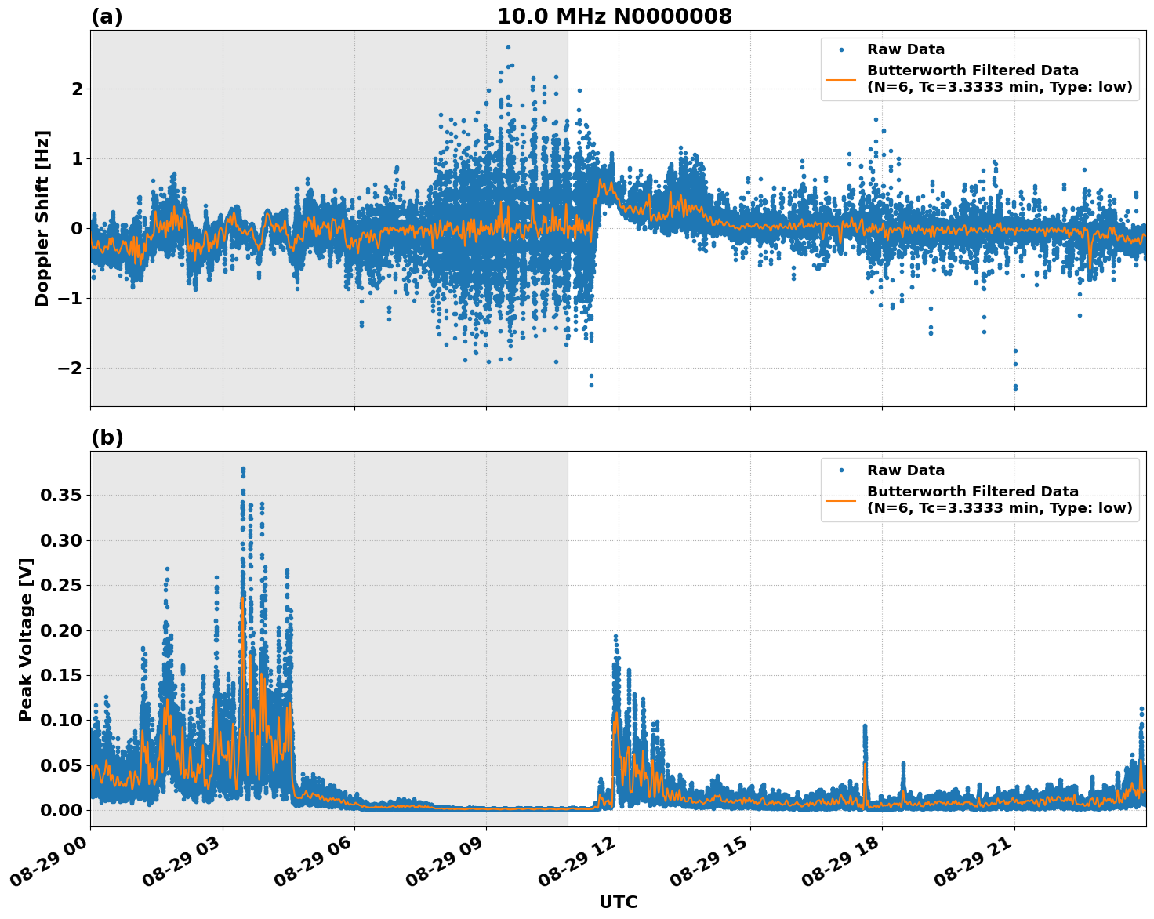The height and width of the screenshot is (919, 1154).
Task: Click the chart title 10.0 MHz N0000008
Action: [615, 16]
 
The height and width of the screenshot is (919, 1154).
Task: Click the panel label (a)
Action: [107, 16]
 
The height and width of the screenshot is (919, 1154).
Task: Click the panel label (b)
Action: [107, 438]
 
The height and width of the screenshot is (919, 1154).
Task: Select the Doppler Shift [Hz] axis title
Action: [42, 218]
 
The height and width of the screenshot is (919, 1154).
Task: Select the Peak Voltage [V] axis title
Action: [26, 639]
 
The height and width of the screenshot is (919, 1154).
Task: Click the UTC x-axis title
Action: [618, 902]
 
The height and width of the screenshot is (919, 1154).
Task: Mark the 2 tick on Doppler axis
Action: [77, 89]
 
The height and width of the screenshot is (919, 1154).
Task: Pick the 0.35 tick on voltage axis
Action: [61, 495]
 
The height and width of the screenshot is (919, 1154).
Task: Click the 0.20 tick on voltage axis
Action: [61, 630]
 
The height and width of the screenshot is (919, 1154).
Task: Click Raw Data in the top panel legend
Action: [905, 49]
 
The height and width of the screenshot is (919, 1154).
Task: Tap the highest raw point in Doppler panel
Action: [508, 47]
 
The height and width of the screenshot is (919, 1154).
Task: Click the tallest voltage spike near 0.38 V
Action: [243, 469]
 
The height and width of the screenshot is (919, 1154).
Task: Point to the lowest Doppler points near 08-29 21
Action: [1015, 388]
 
